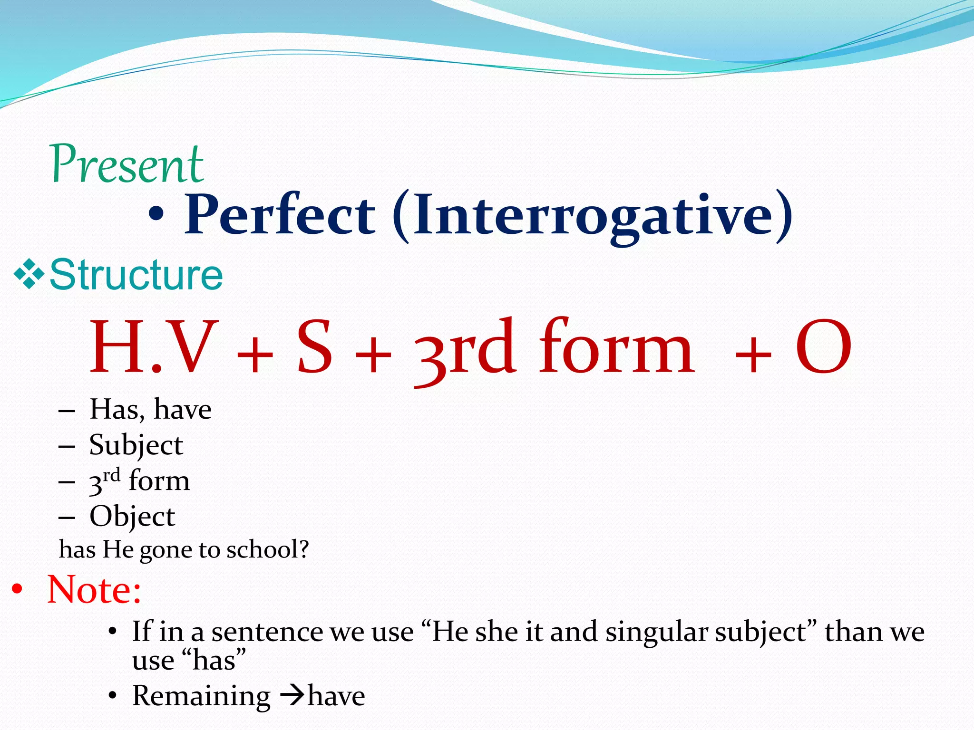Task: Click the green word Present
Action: click(127, 164)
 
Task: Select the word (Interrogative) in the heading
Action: click(593, 216)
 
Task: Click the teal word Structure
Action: click(136, 275)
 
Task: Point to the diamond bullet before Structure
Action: click(29, 274)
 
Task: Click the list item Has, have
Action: click(150, 409)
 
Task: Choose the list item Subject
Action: click(136, 446)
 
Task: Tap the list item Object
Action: click(132, 517)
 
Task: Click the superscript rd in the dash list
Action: click(112, 475)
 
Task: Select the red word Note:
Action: click(94, 590)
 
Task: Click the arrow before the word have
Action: click(292, 696)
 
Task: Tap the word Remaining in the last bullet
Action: click(201, 696)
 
